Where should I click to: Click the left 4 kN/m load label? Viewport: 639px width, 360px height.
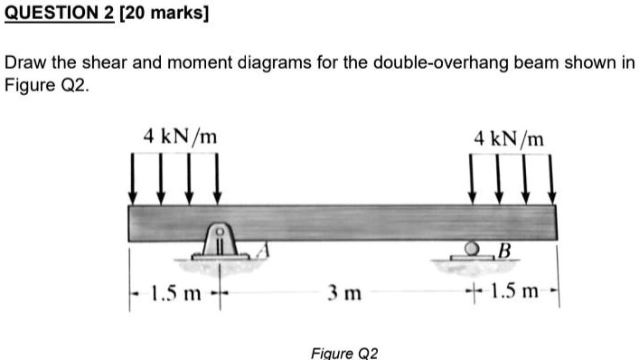pos(180,137)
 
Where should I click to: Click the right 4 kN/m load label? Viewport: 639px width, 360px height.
pos(510,138)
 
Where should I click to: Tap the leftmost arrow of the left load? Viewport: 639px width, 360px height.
pos(133,177)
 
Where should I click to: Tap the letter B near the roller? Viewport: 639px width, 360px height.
pos(503,250)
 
